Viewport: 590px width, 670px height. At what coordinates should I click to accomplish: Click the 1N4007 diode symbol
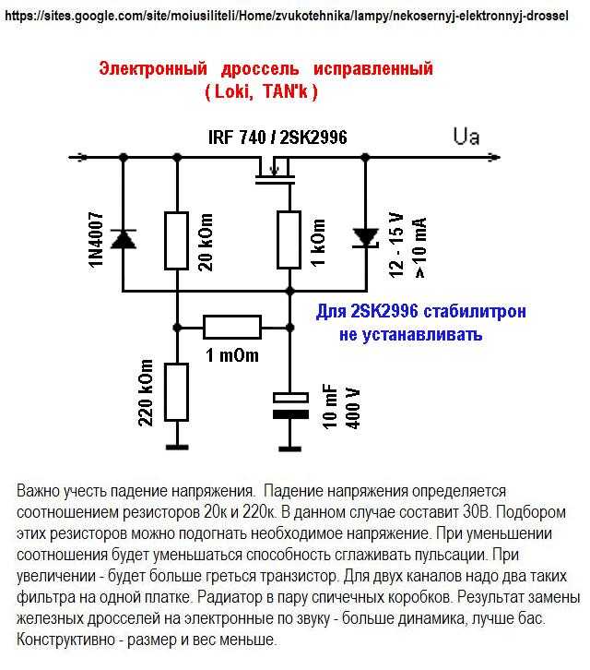pos(124,238)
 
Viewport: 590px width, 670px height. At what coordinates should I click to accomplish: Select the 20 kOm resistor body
pos(177,241)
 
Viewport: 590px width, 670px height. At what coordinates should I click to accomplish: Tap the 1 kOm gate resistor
pos(289,239)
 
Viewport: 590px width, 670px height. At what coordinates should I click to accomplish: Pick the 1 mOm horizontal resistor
pos(232,328)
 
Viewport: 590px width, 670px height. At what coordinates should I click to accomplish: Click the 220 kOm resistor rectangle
pos(177,392)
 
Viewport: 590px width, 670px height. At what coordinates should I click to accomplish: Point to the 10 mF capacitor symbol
pos(290,405)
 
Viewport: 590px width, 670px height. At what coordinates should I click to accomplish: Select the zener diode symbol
pos(366,238)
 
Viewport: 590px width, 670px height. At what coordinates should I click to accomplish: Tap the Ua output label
pos(466,137)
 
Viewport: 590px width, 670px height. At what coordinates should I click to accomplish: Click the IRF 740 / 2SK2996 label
pos(277,138)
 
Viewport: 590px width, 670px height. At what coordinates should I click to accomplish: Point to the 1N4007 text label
pos(96,240)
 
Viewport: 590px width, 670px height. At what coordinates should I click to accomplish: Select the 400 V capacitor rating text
pos(353,408)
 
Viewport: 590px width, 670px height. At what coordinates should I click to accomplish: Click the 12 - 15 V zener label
pos(396,245)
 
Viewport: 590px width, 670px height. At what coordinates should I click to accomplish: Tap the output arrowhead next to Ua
pos(494,157)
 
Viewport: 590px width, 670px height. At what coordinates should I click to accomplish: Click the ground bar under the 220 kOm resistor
pos(177,448)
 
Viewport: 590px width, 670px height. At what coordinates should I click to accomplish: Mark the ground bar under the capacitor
pos(290,449)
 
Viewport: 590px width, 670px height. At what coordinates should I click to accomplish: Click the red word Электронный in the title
pos(153,69)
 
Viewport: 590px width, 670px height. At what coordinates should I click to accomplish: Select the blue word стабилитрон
pos(475,312)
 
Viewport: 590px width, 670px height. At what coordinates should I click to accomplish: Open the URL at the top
pos(287,17)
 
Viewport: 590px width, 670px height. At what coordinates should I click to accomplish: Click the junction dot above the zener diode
pos(365,157)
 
